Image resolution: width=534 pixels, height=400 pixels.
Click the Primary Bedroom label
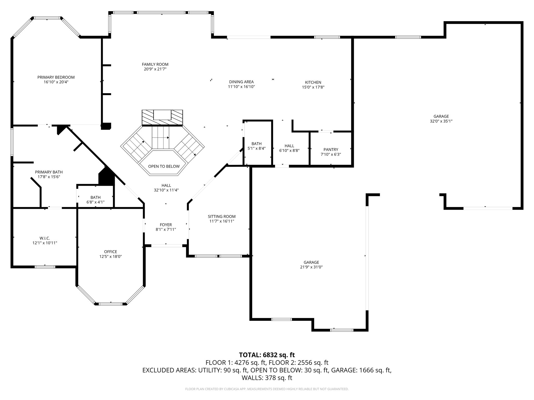[x=56, y=77]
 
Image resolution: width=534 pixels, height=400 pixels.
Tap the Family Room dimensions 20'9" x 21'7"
[x=155, y=69]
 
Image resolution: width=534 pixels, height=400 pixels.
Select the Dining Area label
[x=241, y=82]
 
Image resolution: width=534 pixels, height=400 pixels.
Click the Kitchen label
[x=313, y=82]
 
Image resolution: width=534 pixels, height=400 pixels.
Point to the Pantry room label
[x=331, y=149]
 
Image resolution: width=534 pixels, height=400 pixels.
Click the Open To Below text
[x=164, y=166]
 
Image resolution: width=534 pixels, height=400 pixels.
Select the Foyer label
[x=166, y=225]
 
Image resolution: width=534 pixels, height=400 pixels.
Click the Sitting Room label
[x=222, y=216]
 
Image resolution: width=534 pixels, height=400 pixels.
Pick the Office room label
[x=111, y=252]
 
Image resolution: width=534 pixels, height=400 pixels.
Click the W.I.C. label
[x=45, y=238]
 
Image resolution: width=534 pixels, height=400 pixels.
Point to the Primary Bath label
[x=49, y=172]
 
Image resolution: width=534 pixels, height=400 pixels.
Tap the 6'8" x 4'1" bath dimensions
[x=96, y=202]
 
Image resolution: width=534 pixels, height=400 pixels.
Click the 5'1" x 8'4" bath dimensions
[x=257, y=148]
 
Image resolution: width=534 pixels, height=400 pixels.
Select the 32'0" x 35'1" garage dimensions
[x=441, y=121]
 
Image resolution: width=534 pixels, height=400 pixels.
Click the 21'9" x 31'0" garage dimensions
[x=311, y=267]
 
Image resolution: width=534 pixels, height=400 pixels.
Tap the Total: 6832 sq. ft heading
[x=267, y=355]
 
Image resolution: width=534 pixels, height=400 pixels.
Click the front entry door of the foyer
[x=167, y=245]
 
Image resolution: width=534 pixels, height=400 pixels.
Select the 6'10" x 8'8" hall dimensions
[x=289, y=151]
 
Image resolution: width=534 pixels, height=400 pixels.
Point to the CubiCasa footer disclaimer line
[x=267, y=389]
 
